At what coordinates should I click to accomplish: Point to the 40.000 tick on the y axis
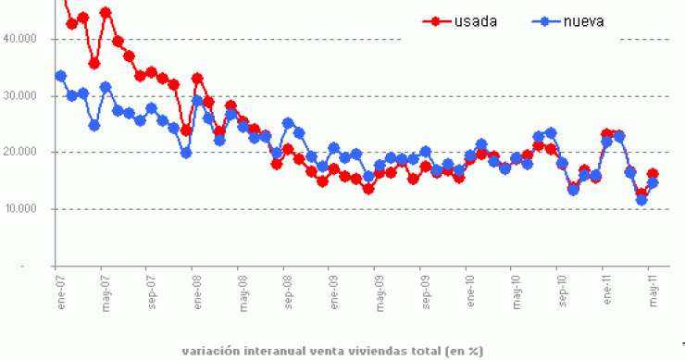tap(22, 39)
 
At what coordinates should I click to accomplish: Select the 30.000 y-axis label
tap(22, 96)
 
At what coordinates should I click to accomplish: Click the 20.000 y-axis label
tap(22, 153)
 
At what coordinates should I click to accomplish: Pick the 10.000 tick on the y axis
tap(22, 209)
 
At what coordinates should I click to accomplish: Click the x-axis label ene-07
tap(60, 290)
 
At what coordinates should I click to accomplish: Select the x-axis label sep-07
tap(151, 290)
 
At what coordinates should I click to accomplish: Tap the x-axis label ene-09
tap(333, 290)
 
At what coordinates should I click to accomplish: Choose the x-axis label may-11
tap(654, 290)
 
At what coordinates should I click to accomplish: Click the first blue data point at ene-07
tap(60, 76)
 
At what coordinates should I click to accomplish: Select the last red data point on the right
tap(653, 174)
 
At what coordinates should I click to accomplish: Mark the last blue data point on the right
tap(653, 183)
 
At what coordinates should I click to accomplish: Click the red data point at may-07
tap(106, 13)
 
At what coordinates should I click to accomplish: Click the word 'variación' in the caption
tap(211, 351)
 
